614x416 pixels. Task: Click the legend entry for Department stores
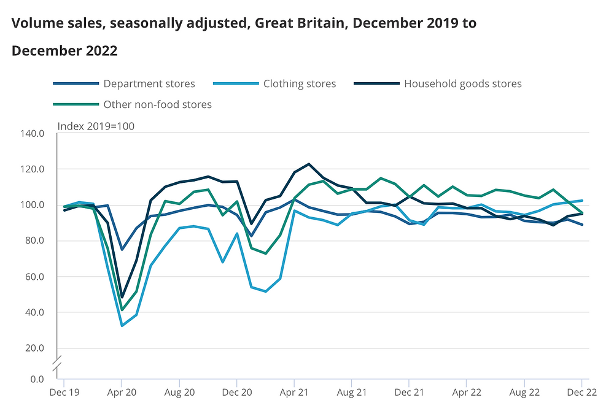click(x=149, y=83)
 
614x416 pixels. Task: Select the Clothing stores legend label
click(x=299, y=83)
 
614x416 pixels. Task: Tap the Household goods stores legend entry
click(x=462, y=83)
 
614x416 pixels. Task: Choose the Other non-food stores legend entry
click(x=157, y=104)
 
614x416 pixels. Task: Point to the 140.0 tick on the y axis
click(x=32, y=133)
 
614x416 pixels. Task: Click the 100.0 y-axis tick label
click(x=32, y=205)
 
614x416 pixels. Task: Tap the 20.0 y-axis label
click(x=34, y=349)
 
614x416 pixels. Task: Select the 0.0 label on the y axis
click(x=36, y=379)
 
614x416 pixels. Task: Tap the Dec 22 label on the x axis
click(x=581, y=392)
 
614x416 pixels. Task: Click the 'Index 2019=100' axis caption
click(x=96, y=126)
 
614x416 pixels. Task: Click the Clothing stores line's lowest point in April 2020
click(x=122, y=326)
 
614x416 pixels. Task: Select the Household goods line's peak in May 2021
click(x=309, y=164)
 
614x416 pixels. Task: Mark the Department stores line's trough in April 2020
click(x=122, y=249)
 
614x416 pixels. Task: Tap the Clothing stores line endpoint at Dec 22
click(x=581, y=201)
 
